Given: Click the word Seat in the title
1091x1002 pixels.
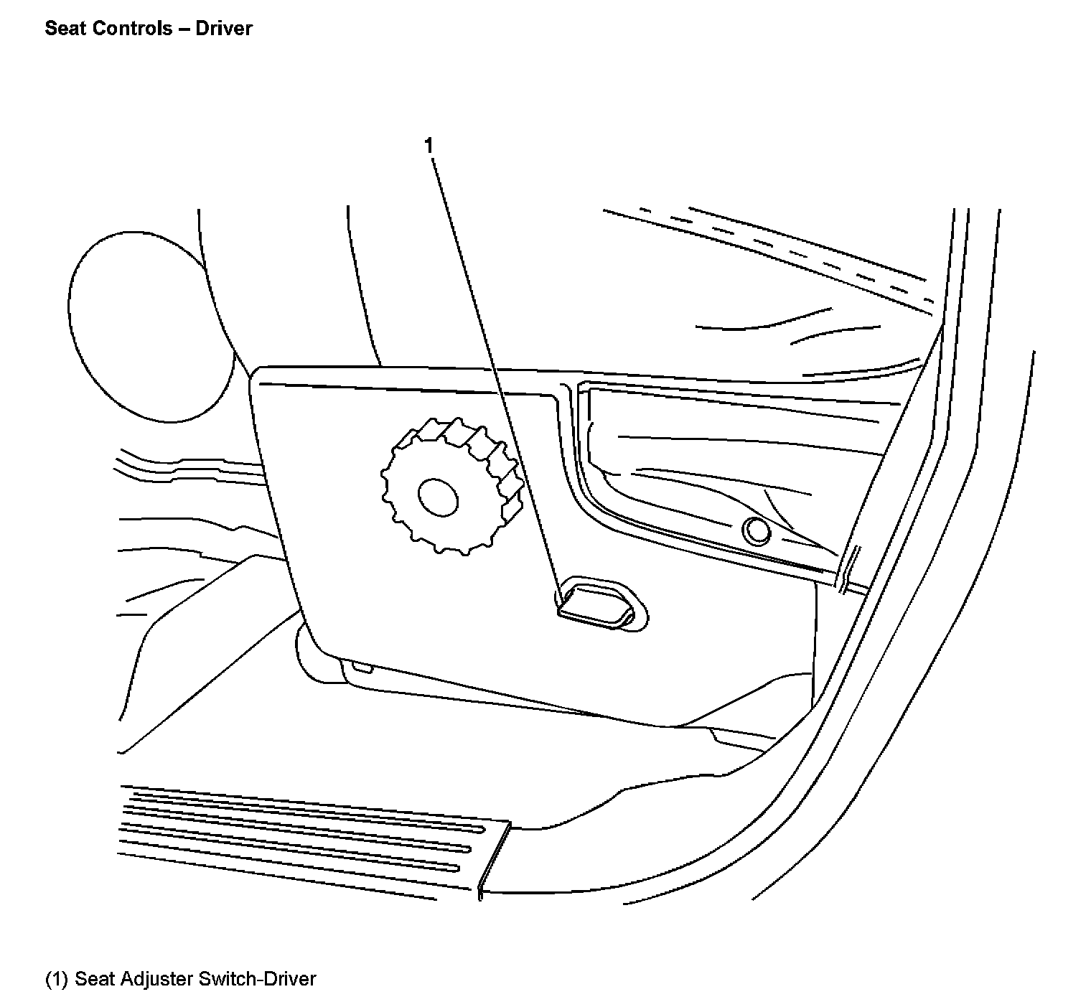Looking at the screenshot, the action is pyautogui.click(x=62, y=29).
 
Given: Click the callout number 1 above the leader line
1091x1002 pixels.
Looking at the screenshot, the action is pyautogui.click(x=429, y=146).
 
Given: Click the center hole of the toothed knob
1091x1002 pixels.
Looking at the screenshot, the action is pyautogui.click(x=438, y=497).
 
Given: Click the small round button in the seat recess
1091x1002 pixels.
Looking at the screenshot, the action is pyautogui.click(x=755, y=530).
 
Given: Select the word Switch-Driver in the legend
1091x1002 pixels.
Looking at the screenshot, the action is pyautogui.click(x=257, y=979).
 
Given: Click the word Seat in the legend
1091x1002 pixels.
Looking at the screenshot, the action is pyautogui.click(x=95, y=979).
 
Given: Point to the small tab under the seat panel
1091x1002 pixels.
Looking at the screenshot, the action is pyautogui.click(x=360, y=668).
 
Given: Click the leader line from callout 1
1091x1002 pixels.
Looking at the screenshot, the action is pyautogui.click(x=495, y=373).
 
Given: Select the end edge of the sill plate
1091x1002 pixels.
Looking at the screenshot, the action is pyautogui.click(x=494, y=858).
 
